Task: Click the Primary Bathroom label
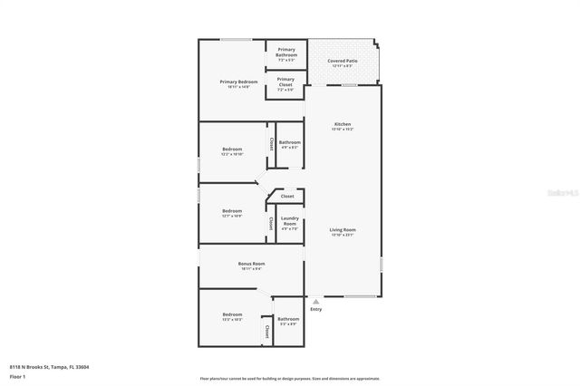[286, 52]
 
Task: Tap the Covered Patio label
[342, 63]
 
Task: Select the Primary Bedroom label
[238, 84]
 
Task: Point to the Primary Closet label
[286, 83]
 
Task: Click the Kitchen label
[342, 126]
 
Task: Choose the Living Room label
[342, 232]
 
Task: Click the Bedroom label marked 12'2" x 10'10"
[232, 150]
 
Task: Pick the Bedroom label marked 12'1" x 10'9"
[232, 213]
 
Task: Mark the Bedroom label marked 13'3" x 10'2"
[232, 316]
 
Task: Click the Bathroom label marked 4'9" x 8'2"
[289, 144]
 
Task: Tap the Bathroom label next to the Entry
[288, 321]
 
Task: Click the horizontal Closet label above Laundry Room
[287, 196]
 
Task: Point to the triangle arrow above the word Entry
[315, 300]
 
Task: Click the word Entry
[315, 309]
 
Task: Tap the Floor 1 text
[18, 376]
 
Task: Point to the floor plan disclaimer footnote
[289, 379]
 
